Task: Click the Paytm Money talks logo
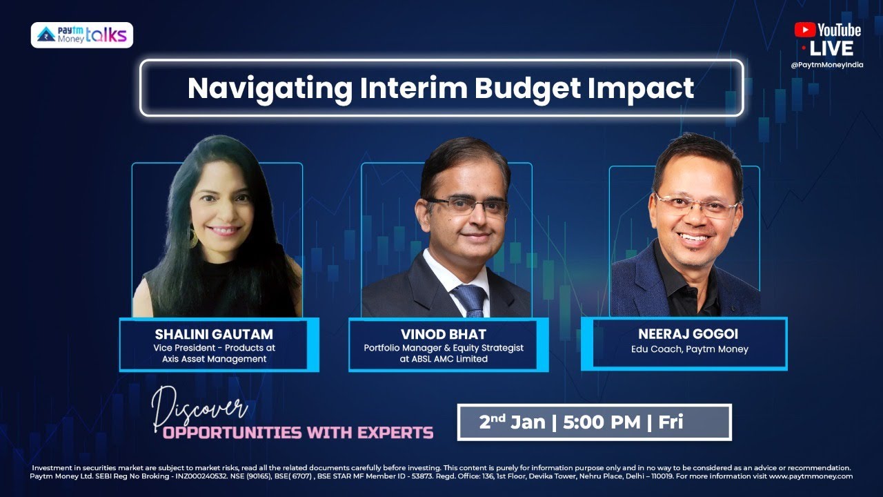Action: click(82, 35)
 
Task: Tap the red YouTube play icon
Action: click(804, 30)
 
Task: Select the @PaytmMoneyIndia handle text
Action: click(827, 65)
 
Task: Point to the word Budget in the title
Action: click(524, 88)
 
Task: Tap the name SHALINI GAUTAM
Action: click(214, 335)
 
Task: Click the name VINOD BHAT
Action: click(443, 335)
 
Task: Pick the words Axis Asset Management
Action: click(214, 359)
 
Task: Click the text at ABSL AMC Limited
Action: click(444, 359)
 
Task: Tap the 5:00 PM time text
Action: click(602, 422)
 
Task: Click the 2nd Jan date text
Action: click(511, 422)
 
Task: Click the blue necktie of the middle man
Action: click(468, 301)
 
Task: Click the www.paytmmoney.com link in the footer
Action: click(811, 476)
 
